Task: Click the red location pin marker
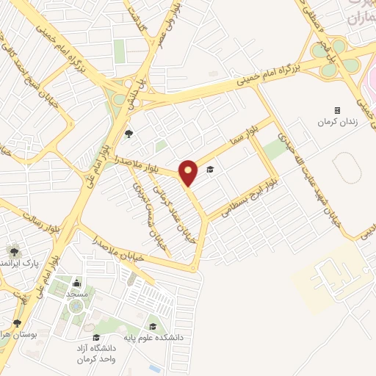(189, 173)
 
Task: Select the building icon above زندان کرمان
(337, 110)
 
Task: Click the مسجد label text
(78, 294)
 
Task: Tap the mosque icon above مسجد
(78, 283)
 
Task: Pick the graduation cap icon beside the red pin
(209, 170)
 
